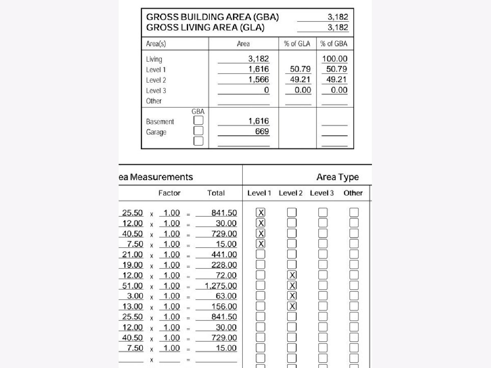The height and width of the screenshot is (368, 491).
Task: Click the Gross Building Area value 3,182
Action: [x=338, y=17]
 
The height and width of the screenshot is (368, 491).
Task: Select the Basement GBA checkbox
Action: [x=198, y=121]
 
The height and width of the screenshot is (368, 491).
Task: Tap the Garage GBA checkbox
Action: [x=198, y=131]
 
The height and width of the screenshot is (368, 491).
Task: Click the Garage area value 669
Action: [x=262, y=131]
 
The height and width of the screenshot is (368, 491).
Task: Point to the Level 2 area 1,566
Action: [x=259, y=80]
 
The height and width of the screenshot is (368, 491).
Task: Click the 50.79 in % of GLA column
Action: [x=300, y=69]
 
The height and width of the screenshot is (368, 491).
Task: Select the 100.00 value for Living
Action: [x=335, y=59]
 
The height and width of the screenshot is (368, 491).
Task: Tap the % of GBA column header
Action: [x=334, y=44]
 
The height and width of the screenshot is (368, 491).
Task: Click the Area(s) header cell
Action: [x=156, y=44]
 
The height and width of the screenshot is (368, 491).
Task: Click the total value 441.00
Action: [x=224, y=254]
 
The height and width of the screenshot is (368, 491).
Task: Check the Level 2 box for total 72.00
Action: [x=291, y=275]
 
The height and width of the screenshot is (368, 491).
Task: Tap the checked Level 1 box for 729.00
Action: [x=260, y=233]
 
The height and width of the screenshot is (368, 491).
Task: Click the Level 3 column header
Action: [x=322, y=193]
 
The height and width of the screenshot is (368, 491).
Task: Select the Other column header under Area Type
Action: [x=353, y=193]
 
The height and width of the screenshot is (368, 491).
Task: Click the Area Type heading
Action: [x=337, y=177]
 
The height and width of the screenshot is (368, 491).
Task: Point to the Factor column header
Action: [x=169, y=193]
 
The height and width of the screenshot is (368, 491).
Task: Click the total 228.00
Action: [x=224, y=265]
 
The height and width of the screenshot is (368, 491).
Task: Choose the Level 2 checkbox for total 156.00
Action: [x=291, y=306]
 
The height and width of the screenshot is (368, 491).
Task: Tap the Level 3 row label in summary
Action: [x=156, y=90]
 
